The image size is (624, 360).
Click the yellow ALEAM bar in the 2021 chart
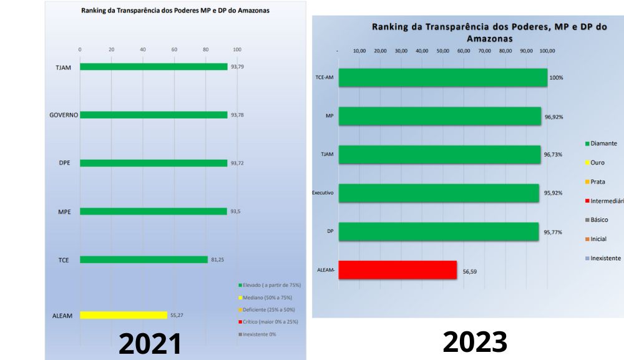pyautogui.click(x=124, y=315)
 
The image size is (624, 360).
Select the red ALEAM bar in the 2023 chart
pyautogui.click(x=397, y=270)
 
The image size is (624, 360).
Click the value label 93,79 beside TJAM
pyautogui.click(x=237, y=67)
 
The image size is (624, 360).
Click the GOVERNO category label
pyautogui.click(x=63, y=115)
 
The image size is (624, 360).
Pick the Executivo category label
pyautogui.click(x=323, y=193)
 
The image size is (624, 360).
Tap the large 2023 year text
pyautogui.click(x=475, y=341)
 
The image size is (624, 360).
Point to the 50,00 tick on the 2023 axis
pyautogui.click(x=442, y=51)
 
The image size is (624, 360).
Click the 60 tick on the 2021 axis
pyautogui.click(x=174, y=49)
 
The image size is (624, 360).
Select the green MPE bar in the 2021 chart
pyautogui.click(x=154, y=212)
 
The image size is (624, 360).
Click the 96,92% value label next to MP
pyautogui.click(x=553, y=117)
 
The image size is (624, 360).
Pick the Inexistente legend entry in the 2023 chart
pyautogui.click(x=605, y=258)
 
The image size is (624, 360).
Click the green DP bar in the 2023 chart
pyautogui.click(x=438, y=231)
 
